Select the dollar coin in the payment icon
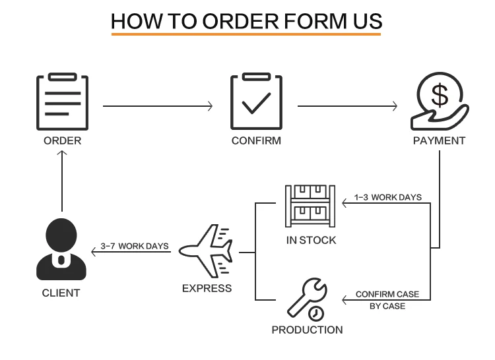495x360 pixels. pyautogui.click(x=440, y=95)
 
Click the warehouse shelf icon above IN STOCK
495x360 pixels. pyautogui.click(x=311, y=206)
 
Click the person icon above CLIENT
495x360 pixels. pyautogui.click(x=61, y=249)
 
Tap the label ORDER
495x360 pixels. pyautogui.click(x=62, y=140)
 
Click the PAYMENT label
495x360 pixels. pyautogui.click(x=439, y=140)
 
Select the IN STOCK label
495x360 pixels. pyautogui.click(x=311, y=240)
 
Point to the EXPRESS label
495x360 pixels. pyautogui.click(x=207, y=288)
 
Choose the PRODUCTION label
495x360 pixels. pyautogui.click(x=307, y=330)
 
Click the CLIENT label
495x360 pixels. pyautogui.click(x=61, y=293)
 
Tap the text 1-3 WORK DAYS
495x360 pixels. pyautogui.click(x=387, y=197)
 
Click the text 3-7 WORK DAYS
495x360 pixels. pyautogui.click(x=135, y=246)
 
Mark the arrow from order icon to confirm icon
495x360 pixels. pyautogui.click(x=158, y=105)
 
